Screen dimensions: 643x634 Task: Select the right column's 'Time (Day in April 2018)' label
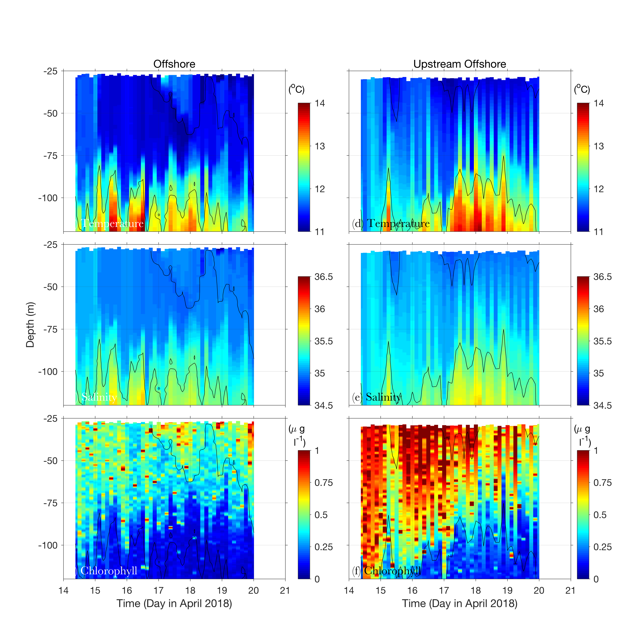pos(459,603)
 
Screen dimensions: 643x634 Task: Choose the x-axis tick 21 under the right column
pos(570,591)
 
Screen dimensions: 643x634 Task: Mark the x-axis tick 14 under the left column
pos(64,591)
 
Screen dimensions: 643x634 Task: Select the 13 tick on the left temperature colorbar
pos(320,146)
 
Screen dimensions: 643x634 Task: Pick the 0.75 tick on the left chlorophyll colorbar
pos(323,483)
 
